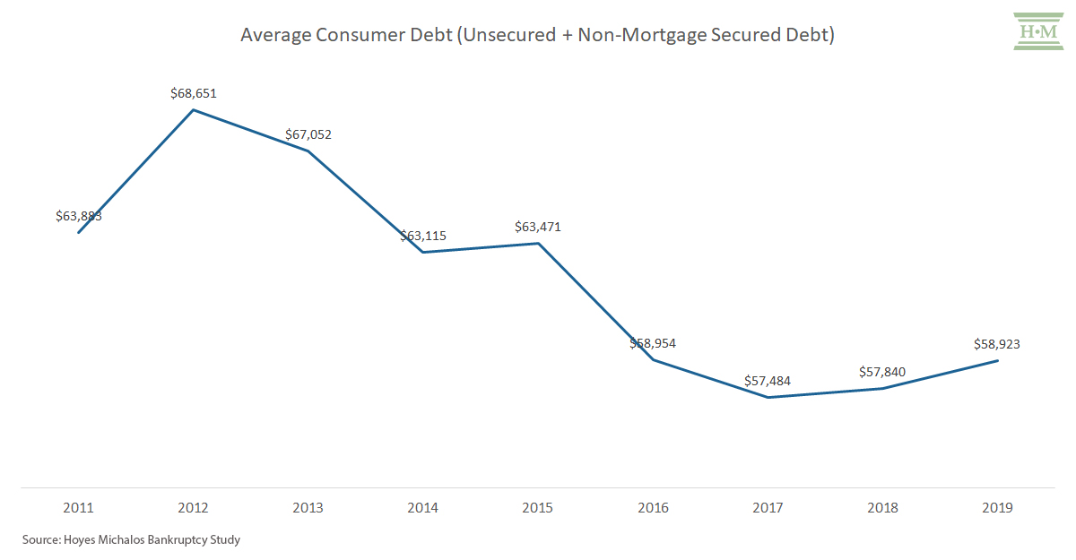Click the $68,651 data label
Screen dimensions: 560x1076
coord(194,93)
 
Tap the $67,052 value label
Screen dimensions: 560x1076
coord(308,134)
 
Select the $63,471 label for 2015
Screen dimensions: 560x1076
coord(538,227)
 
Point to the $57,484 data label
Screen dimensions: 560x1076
coord(768,381)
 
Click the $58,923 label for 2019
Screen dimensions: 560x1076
coord(997,344)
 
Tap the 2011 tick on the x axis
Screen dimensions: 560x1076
coord(78,508)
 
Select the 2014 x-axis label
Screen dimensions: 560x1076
coord(422,508)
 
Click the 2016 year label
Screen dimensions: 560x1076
coord(653,508)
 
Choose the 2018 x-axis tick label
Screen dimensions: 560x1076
coord(882,508)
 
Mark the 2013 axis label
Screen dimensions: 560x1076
coord(308,508)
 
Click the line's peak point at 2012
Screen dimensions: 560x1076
coord(194,110)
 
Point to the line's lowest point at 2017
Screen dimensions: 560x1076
coord(768,397)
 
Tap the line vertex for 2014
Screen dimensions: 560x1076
coord(422,252)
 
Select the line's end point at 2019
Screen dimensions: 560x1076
coord(997,361)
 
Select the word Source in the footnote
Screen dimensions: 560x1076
coord(41,539)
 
